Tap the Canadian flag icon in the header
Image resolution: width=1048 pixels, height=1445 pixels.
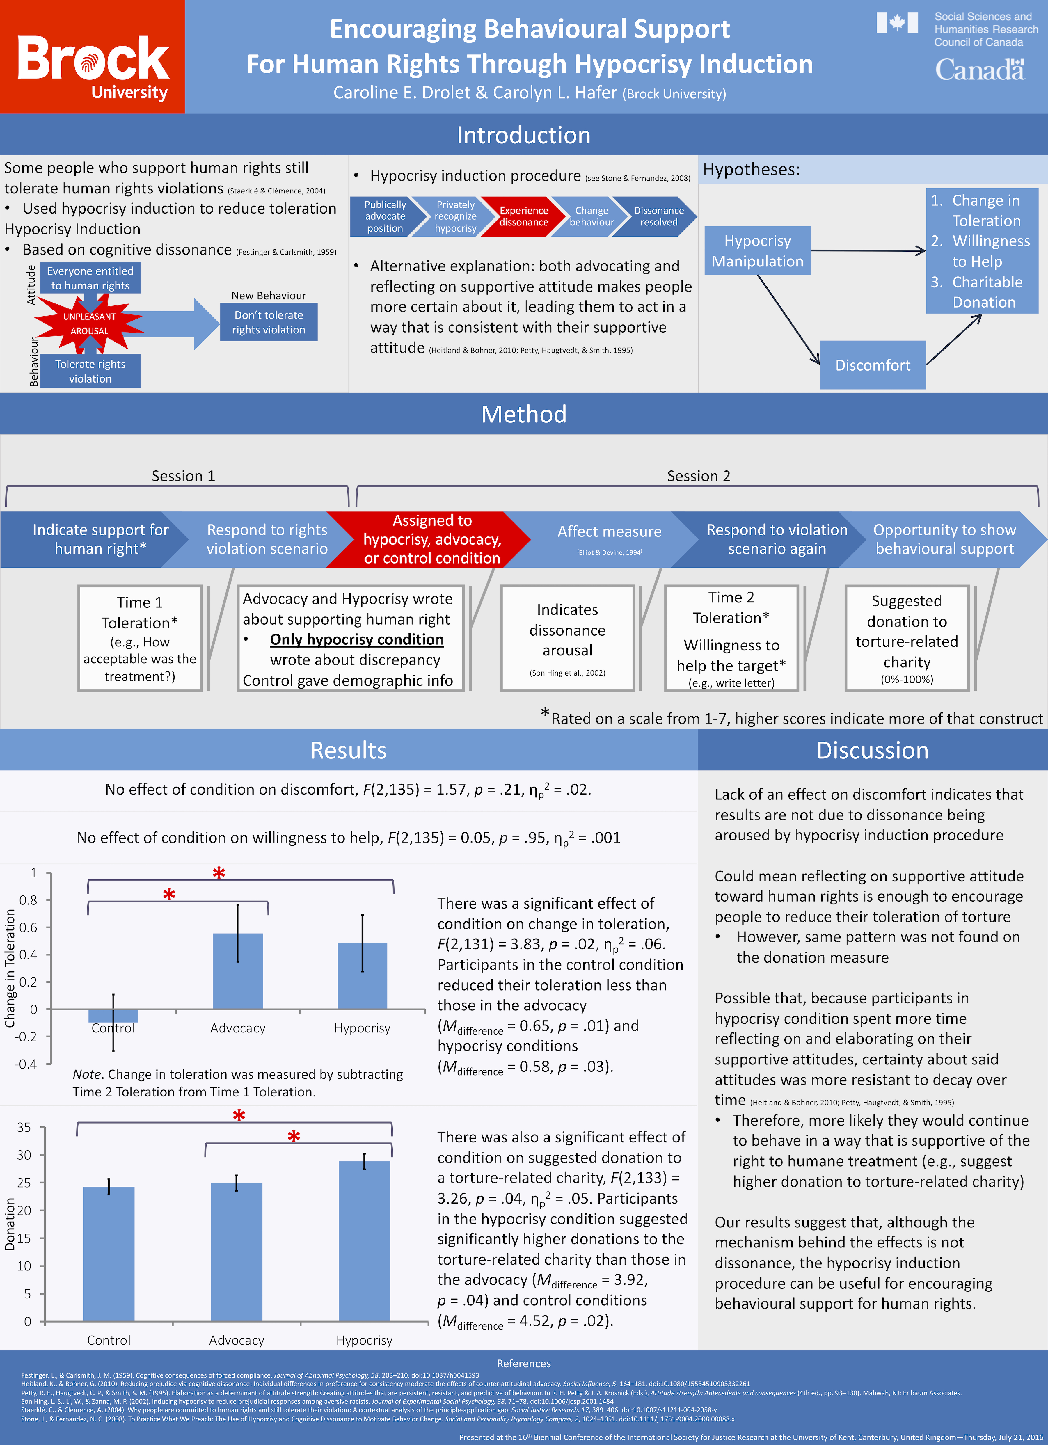coord(897,23)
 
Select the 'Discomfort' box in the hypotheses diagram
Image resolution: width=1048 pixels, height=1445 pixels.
coord(872,365)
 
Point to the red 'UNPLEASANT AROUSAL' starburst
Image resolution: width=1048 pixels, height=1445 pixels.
coord(89,324)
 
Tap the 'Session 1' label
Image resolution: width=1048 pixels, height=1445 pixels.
coord(184,476)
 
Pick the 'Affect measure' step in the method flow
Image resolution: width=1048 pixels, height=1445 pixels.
coord(609,532)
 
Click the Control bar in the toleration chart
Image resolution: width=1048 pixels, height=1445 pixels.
coord(113,1016)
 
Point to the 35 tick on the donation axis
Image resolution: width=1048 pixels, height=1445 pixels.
coord(24,1128)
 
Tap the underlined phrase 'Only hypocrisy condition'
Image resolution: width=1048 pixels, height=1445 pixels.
coord(357,640)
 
